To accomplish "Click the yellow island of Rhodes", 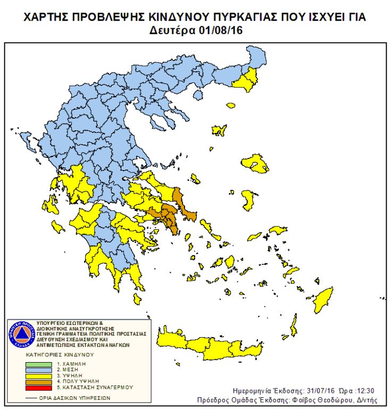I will click(293, 324).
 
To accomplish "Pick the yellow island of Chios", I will click(248, 200).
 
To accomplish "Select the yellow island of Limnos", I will click(218, 130).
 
